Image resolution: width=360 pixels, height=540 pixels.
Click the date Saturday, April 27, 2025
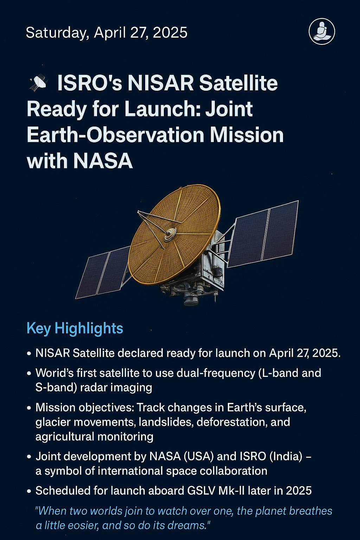(107, 33)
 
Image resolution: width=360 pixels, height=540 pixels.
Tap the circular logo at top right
(322, 32)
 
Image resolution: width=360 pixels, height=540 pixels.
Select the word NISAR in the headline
(161, 83)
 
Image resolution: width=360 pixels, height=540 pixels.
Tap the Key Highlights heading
(75, 328)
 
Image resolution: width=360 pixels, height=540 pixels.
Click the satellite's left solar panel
(102, 272)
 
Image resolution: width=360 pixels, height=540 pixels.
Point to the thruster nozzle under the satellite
(191, 300)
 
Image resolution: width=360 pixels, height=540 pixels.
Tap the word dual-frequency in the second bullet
(216, 373)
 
